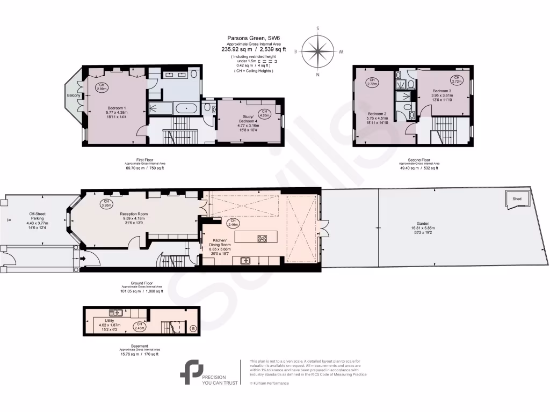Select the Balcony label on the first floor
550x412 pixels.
tap(74, 95)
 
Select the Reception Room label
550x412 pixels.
tap(134, 217)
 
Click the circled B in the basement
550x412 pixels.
tap(193, 328)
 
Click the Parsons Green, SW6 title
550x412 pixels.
tap(254, 38)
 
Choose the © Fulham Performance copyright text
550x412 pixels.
tap(269, 383)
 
